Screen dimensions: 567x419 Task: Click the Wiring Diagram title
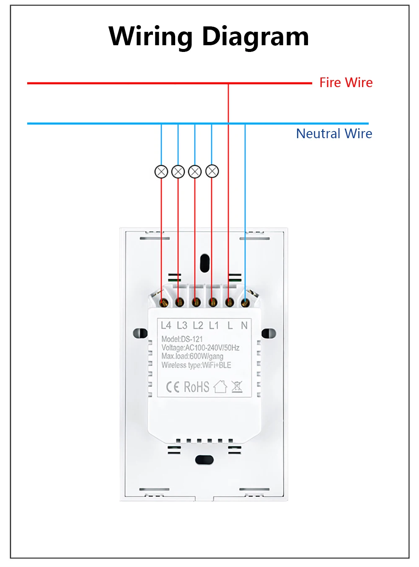tap(209, 36)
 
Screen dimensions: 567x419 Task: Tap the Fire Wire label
tap(346, 82)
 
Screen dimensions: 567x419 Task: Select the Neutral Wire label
tap(334, 134)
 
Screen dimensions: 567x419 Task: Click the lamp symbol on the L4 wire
tap(161, 172)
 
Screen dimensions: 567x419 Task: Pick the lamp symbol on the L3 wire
tap(178, 172)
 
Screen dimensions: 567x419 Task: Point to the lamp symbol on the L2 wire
tap(195, 172)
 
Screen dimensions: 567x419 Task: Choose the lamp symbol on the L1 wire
tap(212, 171)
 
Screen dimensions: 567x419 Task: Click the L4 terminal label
tap(166, 325)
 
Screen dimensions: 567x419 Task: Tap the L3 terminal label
tap(182, 325)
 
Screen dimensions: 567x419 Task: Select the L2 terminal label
tap(198, 325)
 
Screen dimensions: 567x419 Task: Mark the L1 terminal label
tap(214, 325)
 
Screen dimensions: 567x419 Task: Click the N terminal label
tap(244, 325)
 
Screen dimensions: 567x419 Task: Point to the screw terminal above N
tap(245, 302)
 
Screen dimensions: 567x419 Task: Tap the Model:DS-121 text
tap(182, 339)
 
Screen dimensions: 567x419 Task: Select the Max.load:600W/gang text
tap(192, 356)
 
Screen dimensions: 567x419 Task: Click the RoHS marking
tap(197, 387)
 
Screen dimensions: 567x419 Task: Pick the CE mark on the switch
tap(173, 387)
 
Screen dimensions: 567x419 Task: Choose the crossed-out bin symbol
tap(237, 387)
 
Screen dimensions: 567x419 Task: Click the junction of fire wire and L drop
tap(228, 83)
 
